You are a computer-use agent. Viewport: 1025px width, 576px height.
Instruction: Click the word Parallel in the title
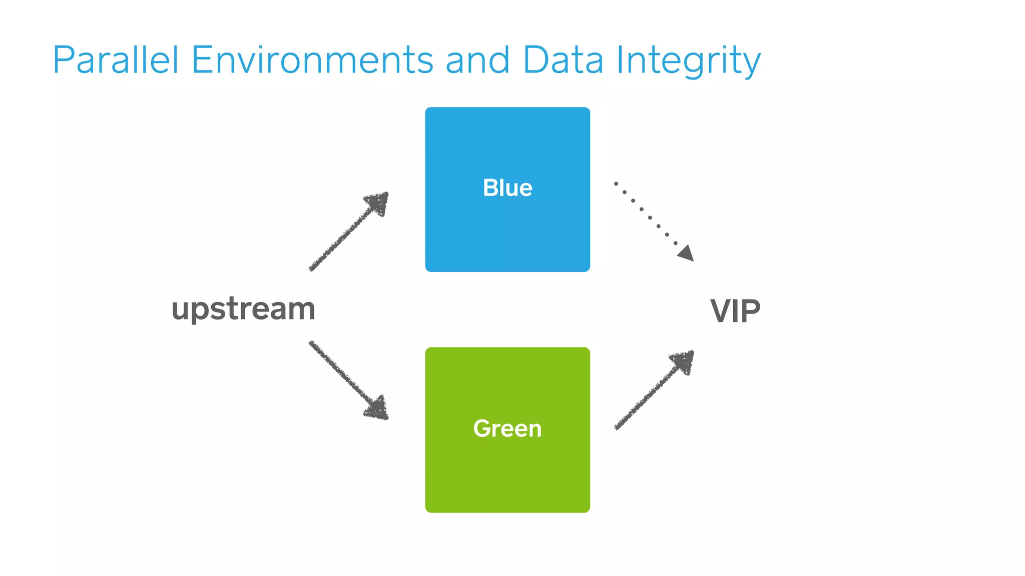pyautogui.click(x=116, y=60)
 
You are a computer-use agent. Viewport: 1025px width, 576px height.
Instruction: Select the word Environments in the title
pyautogui.click(x=312, y=60)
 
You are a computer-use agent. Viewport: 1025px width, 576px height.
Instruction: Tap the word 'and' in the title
pyautogui.click(x=477, y=60)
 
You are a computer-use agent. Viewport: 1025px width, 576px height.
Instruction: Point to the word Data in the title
pyautogui.click(x=563, y=60)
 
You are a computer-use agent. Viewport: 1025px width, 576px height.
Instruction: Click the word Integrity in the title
pyautogui.click(x=688, y=61)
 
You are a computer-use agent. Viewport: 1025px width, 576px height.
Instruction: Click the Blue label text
pyautogui.click(x=507, y=188)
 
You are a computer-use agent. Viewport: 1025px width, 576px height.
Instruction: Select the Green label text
pyautogui.click(x=507, y=428)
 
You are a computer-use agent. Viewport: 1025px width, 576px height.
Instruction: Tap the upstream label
pyautogui.click(x=244, y=309)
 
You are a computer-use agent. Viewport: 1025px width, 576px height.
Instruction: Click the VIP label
pyautogui.click(x=735, y=311)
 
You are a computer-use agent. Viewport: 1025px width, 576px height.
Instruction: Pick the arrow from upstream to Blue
pyautogui.click(x=345, y=235)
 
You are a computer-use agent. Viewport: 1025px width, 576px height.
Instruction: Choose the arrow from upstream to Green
pyautogui.click(x=345, y=377)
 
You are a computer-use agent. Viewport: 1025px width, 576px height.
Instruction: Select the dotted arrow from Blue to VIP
pyautogui.click(x=650, y=217)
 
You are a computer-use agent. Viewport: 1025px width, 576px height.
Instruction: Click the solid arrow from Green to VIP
pyautogui.click(x=651, y=392)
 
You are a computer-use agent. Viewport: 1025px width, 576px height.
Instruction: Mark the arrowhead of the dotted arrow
pyautogui.click(x=687, y=253)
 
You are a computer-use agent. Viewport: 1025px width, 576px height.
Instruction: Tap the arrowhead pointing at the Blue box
pyautogui.click(x=379, y=202)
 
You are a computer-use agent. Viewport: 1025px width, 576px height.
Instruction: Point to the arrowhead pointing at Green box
pyautogui.click(x=378, y=408)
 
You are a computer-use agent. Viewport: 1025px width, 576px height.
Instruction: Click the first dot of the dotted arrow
pyautogui.click(x=616, y=183)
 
